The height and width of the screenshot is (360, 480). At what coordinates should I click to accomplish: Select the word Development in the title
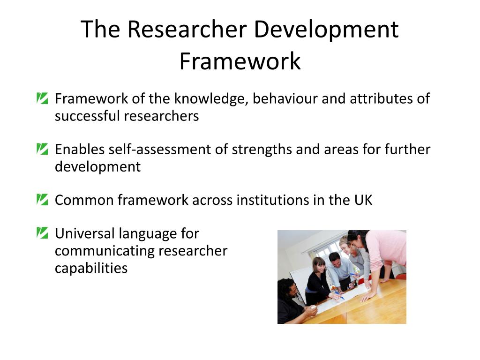coord(326,29)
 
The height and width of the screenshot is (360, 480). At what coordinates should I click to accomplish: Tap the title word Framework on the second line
coord(240,61)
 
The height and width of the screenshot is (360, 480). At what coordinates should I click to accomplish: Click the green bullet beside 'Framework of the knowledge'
coord(42,98)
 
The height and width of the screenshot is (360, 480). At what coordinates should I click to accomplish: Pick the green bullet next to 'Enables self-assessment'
coord(42,149)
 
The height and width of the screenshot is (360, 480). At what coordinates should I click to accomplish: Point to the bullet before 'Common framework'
coord(42,200)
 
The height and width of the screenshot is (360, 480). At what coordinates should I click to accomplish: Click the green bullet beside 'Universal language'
coord(42,232)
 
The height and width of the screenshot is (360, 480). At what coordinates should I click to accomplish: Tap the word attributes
coord(376,99)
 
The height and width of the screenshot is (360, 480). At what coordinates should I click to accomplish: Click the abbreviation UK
coord(363,200)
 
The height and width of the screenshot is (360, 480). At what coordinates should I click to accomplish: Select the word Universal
coord(85,233)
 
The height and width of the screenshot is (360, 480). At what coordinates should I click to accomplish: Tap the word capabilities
coord(91,268)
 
